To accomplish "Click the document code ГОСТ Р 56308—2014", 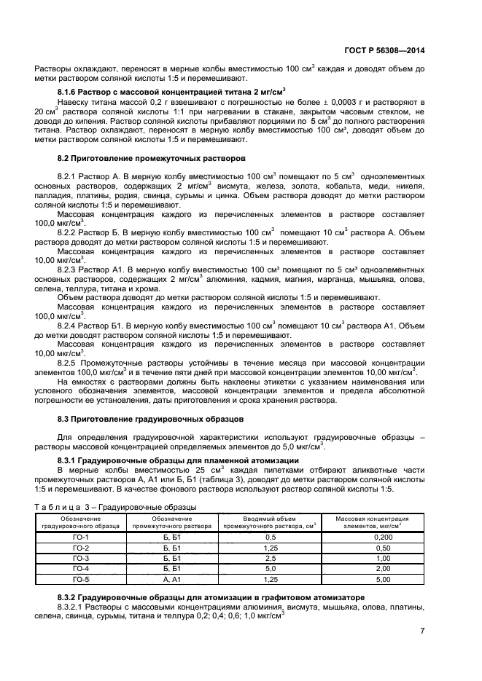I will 384,50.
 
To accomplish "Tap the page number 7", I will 422,631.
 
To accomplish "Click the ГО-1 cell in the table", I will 81,536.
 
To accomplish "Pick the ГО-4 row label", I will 81,569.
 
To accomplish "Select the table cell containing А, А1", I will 172,580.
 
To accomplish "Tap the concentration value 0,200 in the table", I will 372,536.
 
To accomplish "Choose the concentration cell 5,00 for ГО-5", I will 372,580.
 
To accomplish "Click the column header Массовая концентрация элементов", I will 372,521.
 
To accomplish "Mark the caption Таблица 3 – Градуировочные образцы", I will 115,507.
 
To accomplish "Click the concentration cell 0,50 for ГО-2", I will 372,547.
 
